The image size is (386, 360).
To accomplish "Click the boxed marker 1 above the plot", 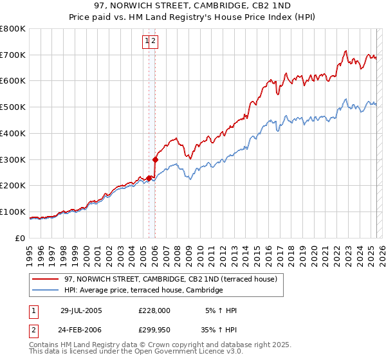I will point(148,41).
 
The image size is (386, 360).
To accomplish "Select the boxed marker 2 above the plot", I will point(155,41).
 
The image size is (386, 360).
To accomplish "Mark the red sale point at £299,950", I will point(155,159).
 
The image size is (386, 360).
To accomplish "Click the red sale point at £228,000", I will point(149,178).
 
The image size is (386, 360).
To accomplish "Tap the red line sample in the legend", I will point(46,279).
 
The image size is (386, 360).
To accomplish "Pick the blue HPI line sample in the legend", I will point(46,291).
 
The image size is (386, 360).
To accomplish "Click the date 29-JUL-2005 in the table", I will point(81,310).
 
